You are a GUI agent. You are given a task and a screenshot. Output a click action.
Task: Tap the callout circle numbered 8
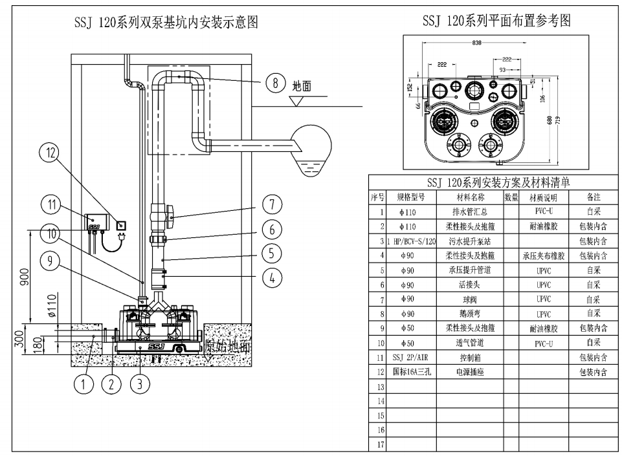pos(275,83)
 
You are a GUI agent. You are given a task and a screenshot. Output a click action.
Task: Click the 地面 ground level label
pos(302,85)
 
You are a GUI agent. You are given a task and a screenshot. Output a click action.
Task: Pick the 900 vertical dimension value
pos(25,277)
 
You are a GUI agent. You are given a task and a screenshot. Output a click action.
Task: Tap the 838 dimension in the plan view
pos(476,43)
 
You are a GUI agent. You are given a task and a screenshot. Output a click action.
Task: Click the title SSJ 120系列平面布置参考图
pos(496,21)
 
